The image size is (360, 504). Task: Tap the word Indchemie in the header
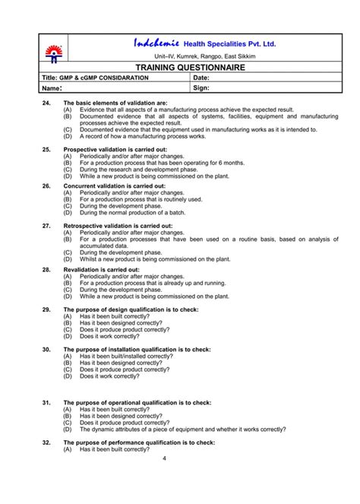157,43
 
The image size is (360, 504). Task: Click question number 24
46,103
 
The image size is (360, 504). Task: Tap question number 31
46,402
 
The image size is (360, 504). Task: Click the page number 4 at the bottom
165,458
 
